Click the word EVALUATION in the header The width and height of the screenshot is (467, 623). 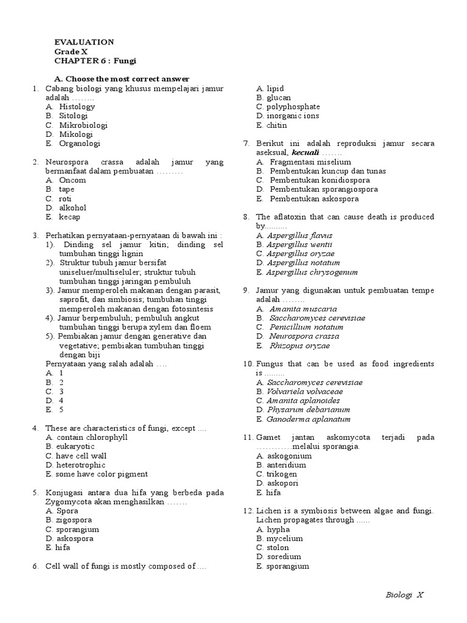click(84, 42)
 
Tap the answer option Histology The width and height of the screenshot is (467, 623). click(77, 106)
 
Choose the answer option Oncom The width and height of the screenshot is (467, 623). click(72, 180)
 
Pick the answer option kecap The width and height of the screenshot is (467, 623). click(69, 217)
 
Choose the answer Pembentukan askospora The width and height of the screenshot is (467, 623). click(314, 199)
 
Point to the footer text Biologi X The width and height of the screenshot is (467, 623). click(404, 594)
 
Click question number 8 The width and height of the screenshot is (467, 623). click(246, 217)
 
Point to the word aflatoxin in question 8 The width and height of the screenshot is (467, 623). click(290, 217)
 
